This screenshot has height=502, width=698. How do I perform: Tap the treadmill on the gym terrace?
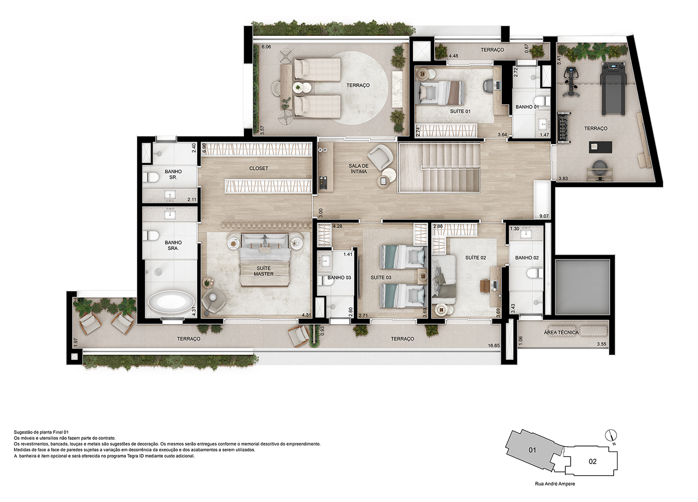tap(613, 88)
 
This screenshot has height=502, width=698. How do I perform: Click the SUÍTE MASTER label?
tap(264, 271)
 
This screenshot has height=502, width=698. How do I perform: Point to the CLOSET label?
tap(259, 168)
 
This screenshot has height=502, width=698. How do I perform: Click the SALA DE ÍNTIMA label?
tap(358, 169)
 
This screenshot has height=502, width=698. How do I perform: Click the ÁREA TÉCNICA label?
tap(561, 332)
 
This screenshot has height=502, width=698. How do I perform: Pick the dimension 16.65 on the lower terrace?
tap(494, 345)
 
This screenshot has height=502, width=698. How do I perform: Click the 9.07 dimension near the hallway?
tap(544, 216)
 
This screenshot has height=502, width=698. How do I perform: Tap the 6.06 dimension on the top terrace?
tap(266, 47)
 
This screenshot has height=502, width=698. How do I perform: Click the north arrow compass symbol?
tap(611, 435)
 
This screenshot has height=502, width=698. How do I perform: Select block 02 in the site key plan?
tap(592, 462)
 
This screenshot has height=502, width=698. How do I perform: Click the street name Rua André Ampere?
tap(555, 484)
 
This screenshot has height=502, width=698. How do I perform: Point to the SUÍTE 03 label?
tap(380, 277)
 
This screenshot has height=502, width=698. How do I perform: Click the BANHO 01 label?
tap(527, 107)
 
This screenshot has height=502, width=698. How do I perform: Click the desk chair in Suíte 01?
tap(489, 85)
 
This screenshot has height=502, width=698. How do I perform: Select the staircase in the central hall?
tap(439, 167)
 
